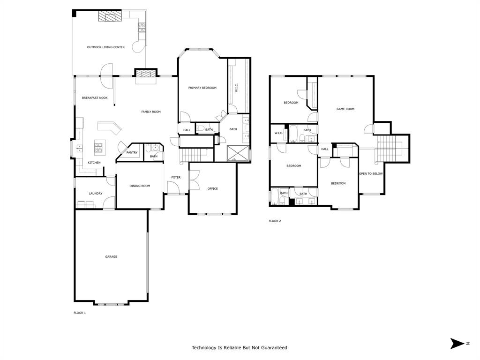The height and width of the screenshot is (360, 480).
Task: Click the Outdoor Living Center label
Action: [105, 47]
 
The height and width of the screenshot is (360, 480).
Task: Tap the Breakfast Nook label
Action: [95, 98]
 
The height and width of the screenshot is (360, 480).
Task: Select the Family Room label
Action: [151, 112]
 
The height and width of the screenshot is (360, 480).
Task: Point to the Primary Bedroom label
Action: [202, 88]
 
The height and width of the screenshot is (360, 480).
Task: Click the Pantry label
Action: [132, 152]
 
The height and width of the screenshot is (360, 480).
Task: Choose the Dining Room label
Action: [140, 186]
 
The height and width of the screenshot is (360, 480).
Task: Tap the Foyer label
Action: [176, 177]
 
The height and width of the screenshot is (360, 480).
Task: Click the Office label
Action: [212, 189]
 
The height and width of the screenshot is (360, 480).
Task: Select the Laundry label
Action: [96, 194]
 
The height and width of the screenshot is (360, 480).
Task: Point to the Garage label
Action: [111, 256]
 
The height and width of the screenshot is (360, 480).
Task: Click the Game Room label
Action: [345, 109]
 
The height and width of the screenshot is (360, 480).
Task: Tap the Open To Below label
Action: [371, 174]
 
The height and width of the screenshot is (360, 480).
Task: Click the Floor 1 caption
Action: [80, 313]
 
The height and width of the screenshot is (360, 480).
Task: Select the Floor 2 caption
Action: [275, 221]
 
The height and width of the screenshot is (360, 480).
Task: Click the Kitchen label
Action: [94, 163]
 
